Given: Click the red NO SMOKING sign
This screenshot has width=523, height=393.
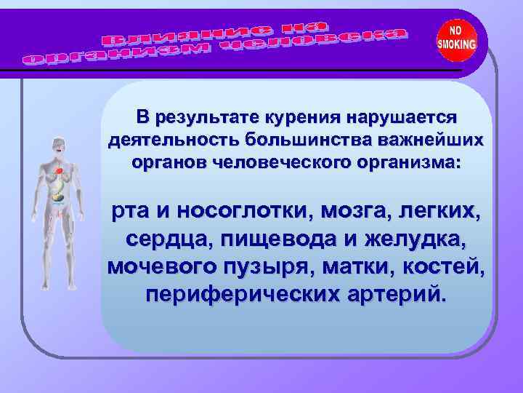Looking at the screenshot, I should tap(457, 38).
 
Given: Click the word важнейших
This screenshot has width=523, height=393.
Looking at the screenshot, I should tap(424, 139).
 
